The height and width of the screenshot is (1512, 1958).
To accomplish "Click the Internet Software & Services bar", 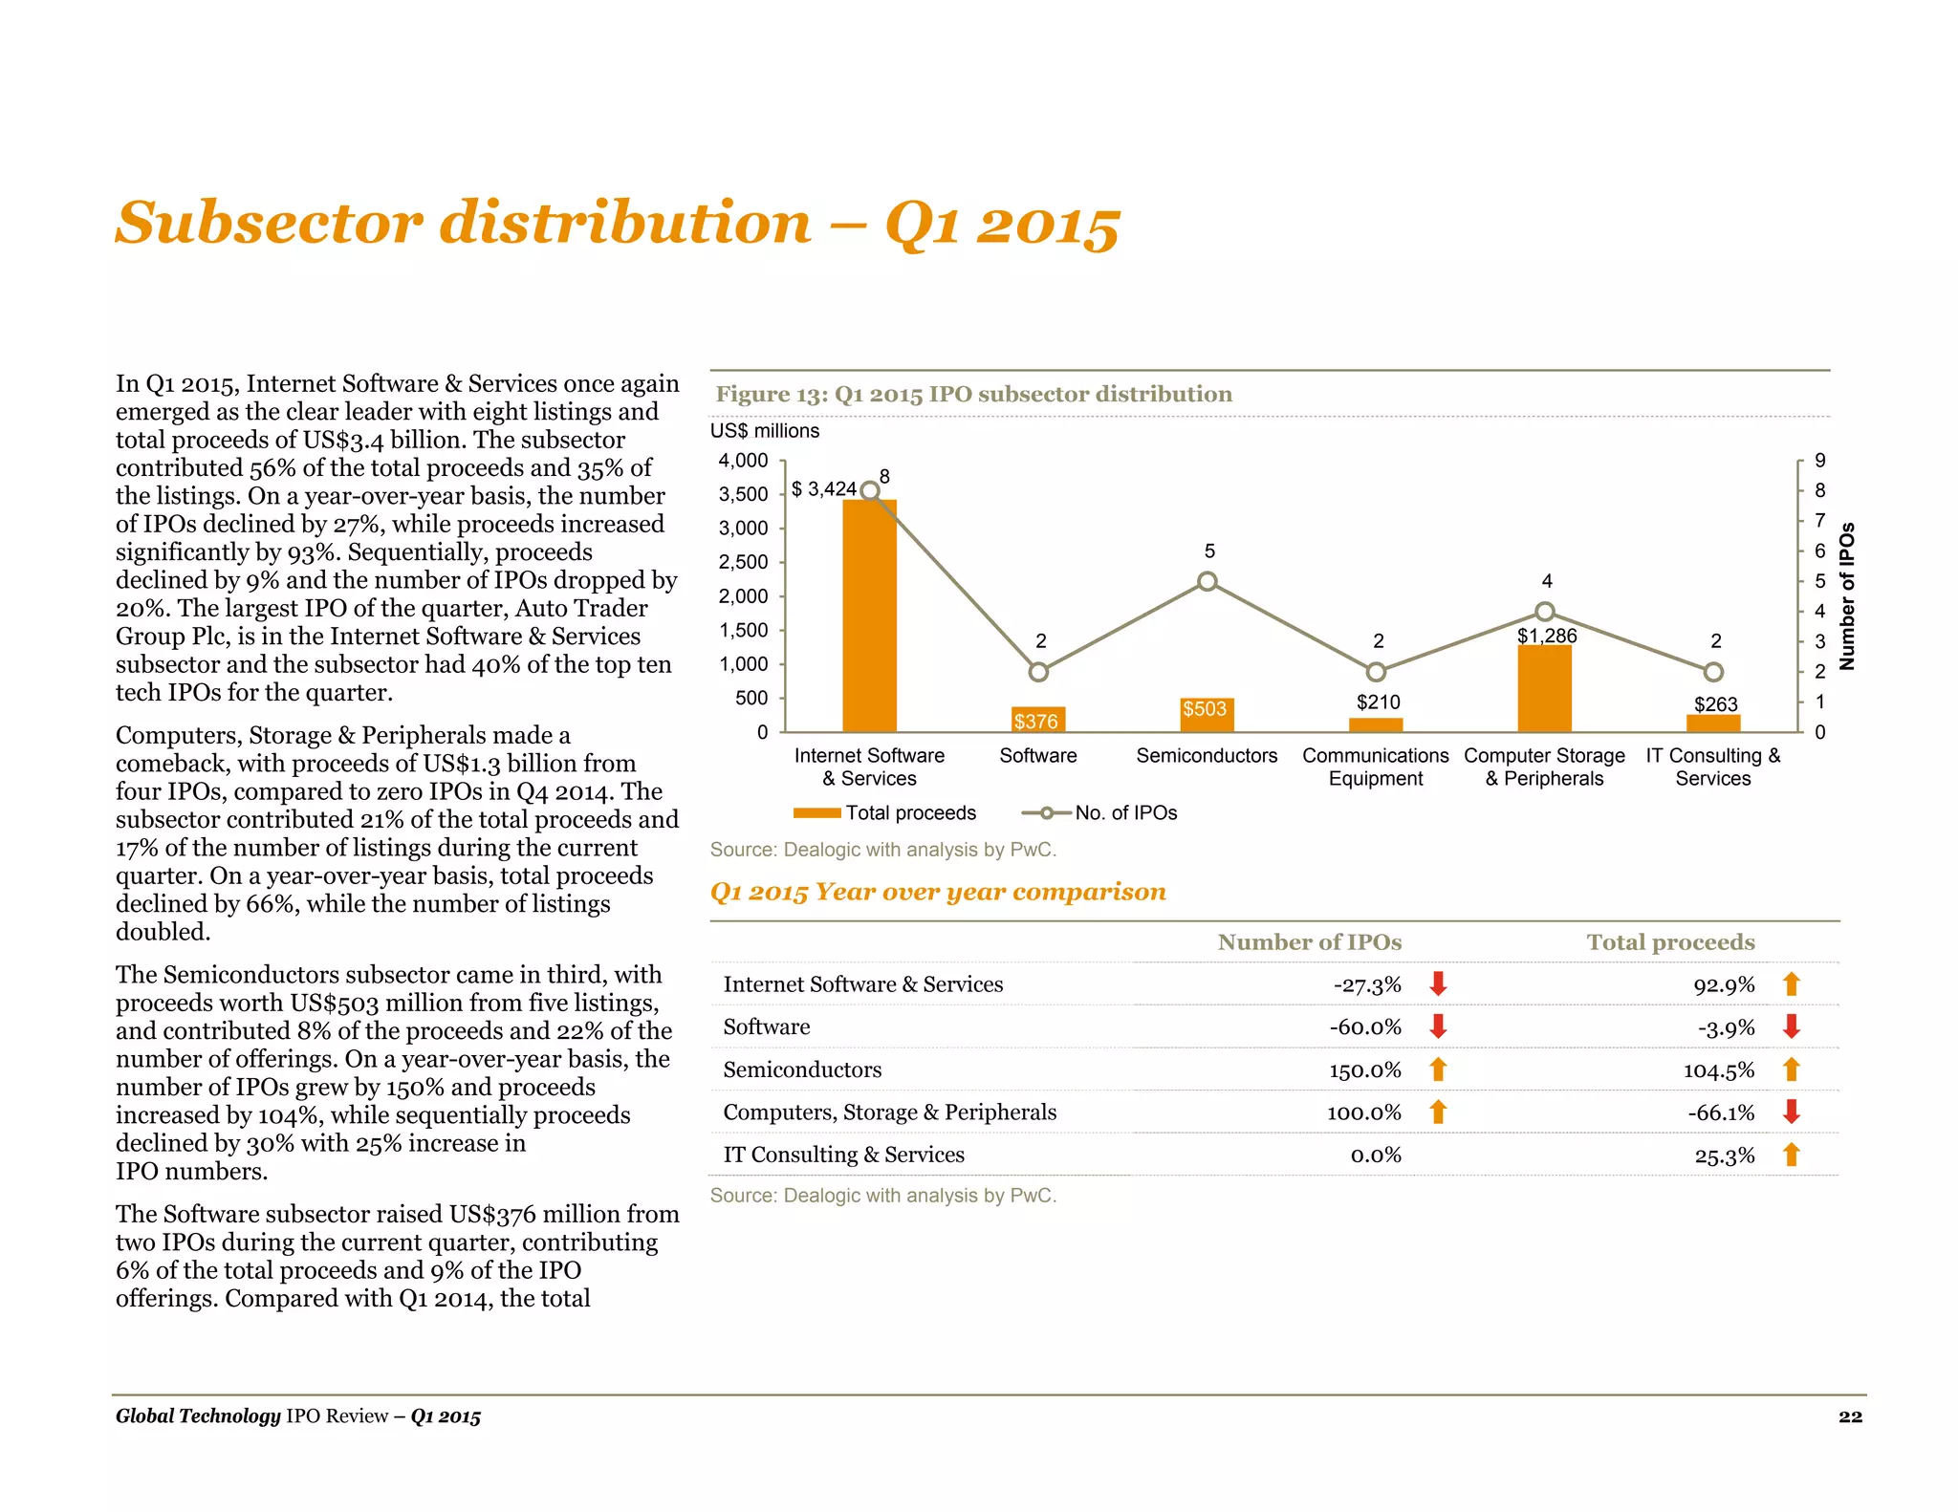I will click(869, 616).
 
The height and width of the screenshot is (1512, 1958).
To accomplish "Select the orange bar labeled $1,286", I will click(1544, 689).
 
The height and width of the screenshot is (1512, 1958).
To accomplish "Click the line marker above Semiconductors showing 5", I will click(1207, 581).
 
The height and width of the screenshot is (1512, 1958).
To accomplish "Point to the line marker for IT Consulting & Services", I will click(1714, 672).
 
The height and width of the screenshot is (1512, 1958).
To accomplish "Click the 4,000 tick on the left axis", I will click(744, 461).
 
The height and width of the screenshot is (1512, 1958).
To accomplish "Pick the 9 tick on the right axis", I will click(1820, 461).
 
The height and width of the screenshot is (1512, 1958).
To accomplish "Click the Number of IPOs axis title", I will click(1847, 595).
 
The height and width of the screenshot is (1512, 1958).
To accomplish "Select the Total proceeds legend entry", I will click(886, 813).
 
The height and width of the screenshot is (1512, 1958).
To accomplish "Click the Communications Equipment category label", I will click(1375, 767).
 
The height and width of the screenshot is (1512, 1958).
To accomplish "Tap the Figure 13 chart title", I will click(973, 394).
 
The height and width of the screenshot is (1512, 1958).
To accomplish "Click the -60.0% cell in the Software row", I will click(1365, 1027).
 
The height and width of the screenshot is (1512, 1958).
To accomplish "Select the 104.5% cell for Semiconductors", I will click(1719, 1070).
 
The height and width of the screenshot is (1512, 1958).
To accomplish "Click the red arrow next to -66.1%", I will click(1792, 1112).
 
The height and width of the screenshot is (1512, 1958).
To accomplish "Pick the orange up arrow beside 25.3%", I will click(1792, 1155).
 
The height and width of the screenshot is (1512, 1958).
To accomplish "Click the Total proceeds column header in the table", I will click(1670, 942).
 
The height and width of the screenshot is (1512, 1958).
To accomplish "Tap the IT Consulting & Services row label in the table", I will click(843, 1155).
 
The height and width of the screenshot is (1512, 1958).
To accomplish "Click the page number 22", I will click(1850, 1416).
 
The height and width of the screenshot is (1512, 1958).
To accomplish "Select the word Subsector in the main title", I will click(269, 223).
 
